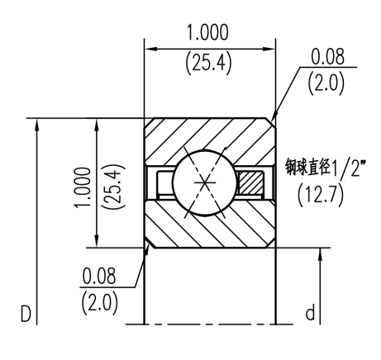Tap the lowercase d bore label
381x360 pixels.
[x=309, y=313]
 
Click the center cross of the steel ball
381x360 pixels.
[x=202, y=181]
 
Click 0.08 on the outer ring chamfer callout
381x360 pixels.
[x=328, y=59]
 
